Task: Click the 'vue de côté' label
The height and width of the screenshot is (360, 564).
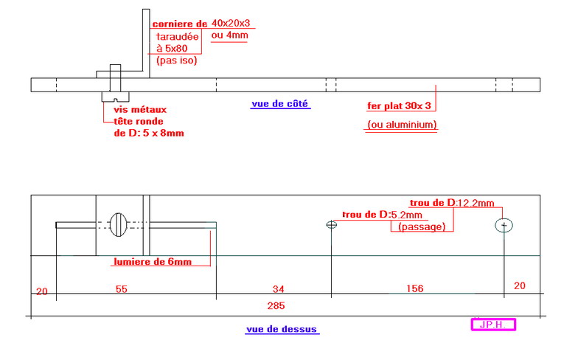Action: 280,104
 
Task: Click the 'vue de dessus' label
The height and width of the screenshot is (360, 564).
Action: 282,329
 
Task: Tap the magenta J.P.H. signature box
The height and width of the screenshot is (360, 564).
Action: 492,324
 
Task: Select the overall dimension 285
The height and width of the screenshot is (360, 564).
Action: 276,305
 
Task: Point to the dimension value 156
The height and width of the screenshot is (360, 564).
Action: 414,288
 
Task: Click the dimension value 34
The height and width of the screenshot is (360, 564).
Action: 278,288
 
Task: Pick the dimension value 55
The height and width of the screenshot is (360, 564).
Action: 121,288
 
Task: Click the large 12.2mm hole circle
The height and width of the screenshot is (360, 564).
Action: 504,224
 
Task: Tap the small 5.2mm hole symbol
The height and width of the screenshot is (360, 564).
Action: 332,225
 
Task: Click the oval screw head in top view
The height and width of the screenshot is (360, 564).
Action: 119,224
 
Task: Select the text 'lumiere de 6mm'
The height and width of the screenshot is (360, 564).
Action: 152,262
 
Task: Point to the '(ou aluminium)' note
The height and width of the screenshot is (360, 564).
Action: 402,125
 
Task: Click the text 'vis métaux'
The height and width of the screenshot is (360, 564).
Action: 136,109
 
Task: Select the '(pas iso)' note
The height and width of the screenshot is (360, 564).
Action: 176,60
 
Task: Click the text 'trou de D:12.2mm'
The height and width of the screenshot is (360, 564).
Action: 452,202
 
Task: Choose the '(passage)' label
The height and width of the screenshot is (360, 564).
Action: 421,226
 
